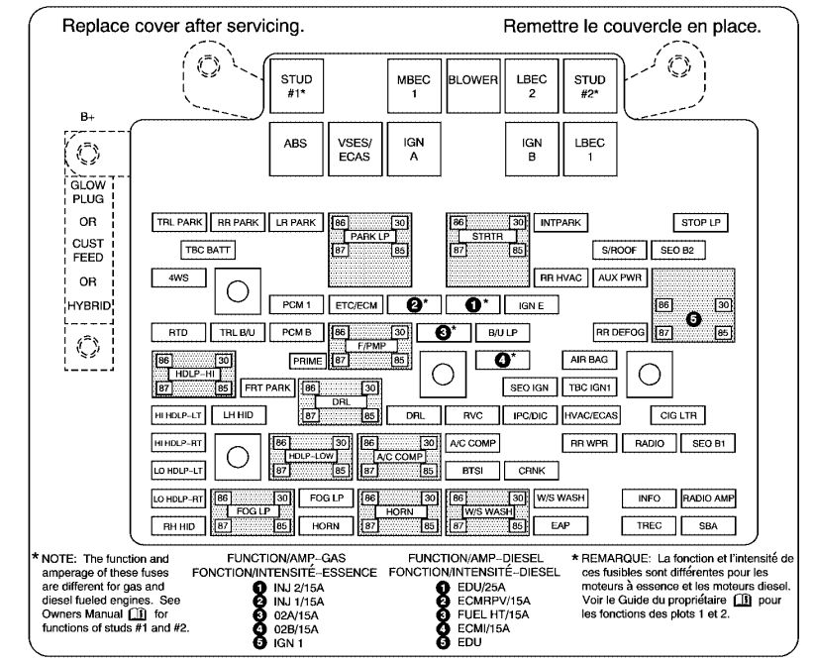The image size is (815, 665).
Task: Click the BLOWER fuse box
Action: (x=472, y=86)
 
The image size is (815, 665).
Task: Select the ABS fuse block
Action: (x=296, y=149)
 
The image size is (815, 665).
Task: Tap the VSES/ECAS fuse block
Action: (x=355, y=149)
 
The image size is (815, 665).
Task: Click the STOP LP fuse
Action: (x=701, y=223)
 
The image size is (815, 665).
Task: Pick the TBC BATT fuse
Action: (x=207, y=251)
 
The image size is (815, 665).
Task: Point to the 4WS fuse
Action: (x=178, y=277)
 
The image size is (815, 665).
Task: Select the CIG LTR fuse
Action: (x=678, y=415)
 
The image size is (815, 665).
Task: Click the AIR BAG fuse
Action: (x=589, y=360)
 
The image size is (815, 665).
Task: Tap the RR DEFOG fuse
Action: (x=620, y=333)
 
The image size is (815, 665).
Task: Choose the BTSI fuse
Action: (x=472, y=471)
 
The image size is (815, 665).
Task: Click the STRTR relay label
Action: (x=487, y=237)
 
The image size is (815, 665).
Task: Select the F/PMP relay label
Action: (x=370, y=346)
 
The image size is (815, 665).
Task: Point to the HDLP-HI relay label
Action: (x=194, y=374)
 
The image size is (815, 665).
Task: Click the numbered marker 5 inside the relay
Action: (x=693, y=318)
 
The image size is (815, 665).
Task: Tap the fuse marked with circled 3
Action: (x=444, y=332)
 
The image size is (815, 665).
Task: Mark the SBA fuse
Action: (x=708, y=525)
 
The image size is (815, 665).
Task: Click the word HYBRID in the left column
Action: (x=89, y=305)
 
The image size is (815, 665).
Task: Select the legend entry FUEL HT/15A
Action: (x=493, y=614)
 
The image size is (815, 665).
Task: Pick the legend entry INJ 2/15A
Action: (x=299, y=588)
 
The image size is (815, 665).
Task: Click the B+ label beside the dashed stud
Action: (x=87, y=117)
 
